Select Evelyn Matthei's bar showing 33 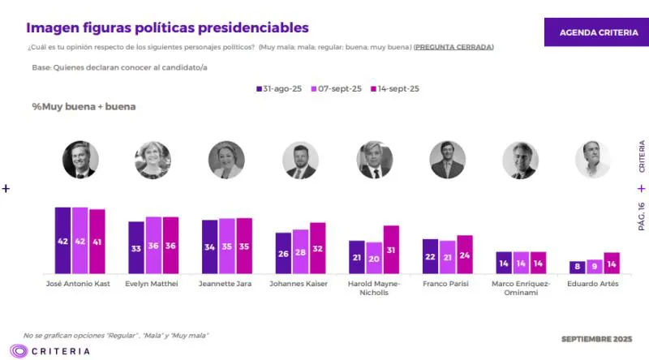[x=136, y=247]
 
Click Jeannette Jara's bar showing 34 [x=210, y=246]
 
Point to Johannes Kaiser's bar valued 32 [x=317, y=248]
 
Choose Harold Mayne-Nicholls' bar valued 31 [x=391, y=250]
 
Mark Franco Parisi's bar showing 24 [x=465, y=255]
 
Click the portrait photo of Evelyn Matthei [x=153, y=160]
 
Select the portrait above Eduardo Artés [x=592, y=160]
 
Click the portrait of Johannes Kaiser [x=300, y=161]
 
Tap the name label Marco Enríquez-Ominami [x=521, y=288]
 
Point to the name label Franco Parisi [x=446, y=284]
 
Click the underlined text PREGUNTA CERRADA [x=453, y=47]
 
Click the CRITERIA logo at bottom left [x=50, y=351]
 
